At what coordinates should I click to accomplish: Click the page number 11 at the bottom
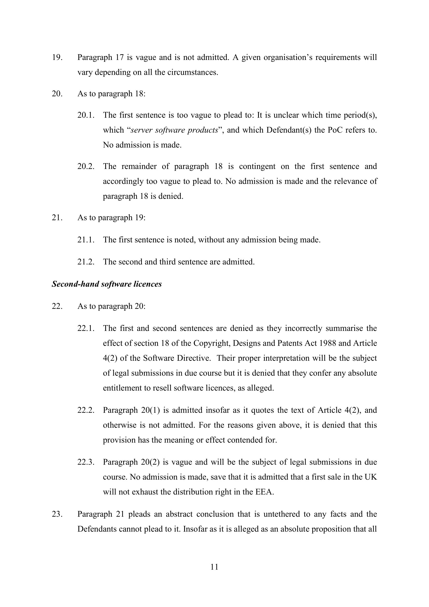(214, 567)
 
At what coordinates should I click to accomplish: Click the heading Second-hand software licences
(106, 284)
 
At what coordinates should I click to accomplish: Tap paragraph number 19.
(57, 57)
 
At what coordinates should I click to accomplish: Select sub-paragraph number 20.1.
(86, 115)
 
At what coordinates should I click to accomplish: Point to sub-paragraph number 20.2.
(86, 166)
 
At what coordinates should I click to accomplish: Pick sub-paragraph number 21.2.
(86, 262)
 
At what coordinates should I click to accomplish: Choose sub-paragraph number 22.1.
(86, 328)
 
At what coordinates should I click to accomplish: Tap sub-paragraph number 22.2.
(86, 410)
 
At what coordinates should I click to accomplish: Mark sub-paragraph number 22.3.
(86, 462)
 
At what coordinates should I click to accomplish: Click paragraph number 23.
(57, 514)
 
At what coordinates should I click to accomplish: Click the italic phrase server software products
(174, 130)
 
